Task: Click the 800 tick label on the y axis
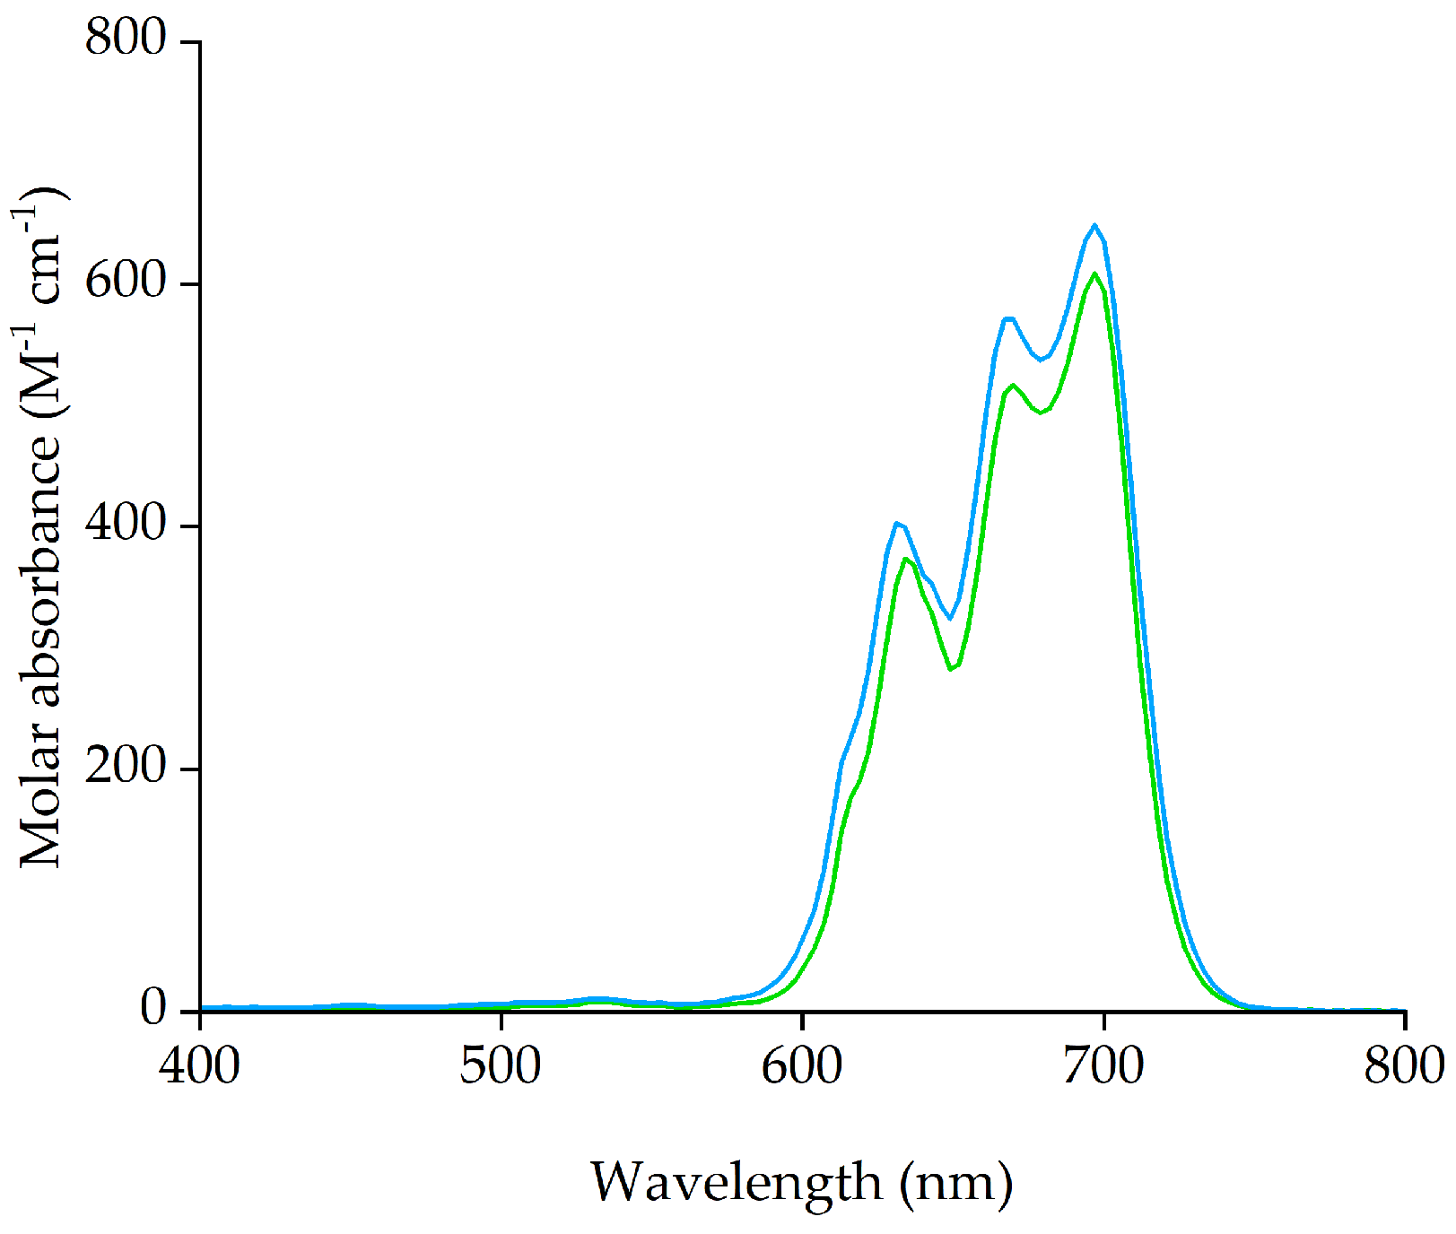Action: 126,40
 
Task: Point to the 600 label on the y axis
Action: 126,282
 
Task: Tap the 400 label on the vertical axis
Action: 126,525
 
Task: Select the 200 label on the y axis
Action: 126,768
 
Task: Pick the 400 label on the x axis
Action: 200,1067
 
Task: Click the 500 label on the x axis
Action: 501,1067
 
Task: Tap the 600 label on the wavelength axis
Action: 802,1067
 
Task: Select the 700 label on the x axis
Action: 1103,1067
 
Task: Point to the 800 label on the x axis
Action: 1403,1067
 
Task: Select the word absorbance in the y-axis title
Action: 40,569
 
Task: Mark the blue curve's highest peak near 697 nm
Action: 1094,225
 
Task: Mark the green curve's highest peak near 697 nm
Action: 1094,274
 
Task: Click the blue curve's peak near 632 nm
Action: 896,523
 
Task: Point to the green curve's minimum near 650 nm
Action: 950,669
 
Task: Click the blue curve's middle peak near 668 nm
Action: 1007,318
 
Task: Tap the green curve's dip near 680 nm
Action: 1041,413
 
